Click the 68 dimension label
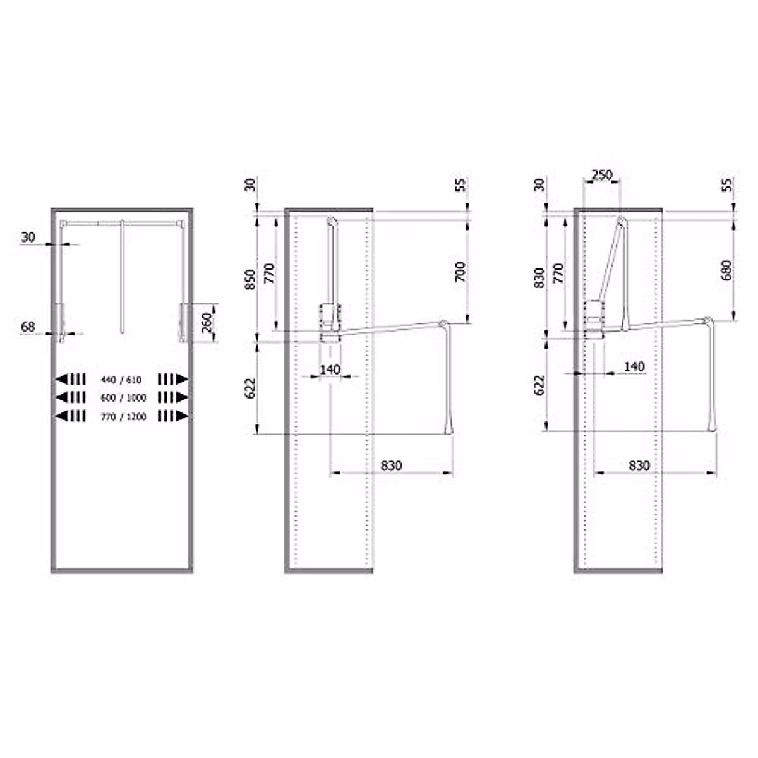(x=28, y=327)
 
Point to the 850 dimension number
(x=250, y=279)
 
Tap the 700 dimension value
(x=460, y=271)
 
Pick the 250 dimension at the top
(x=602, y=175)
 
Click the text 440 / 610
(x=121, y=380)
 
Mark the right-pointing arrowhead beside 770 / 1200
(x=183, y=416)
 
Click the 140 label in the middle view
(x=330, y=369)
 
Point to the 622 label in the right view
(x=539, y=386)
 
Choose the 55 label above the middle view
(x=460, y=184)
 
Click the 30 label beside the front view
(x=28, y=238)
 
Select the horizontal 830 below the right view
(x=639, y=466)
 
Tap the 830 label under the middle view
(x=392, y=466)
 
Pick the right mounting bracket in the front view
(x=183, y=323)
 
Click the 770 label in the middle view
(x=270, y=274)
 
